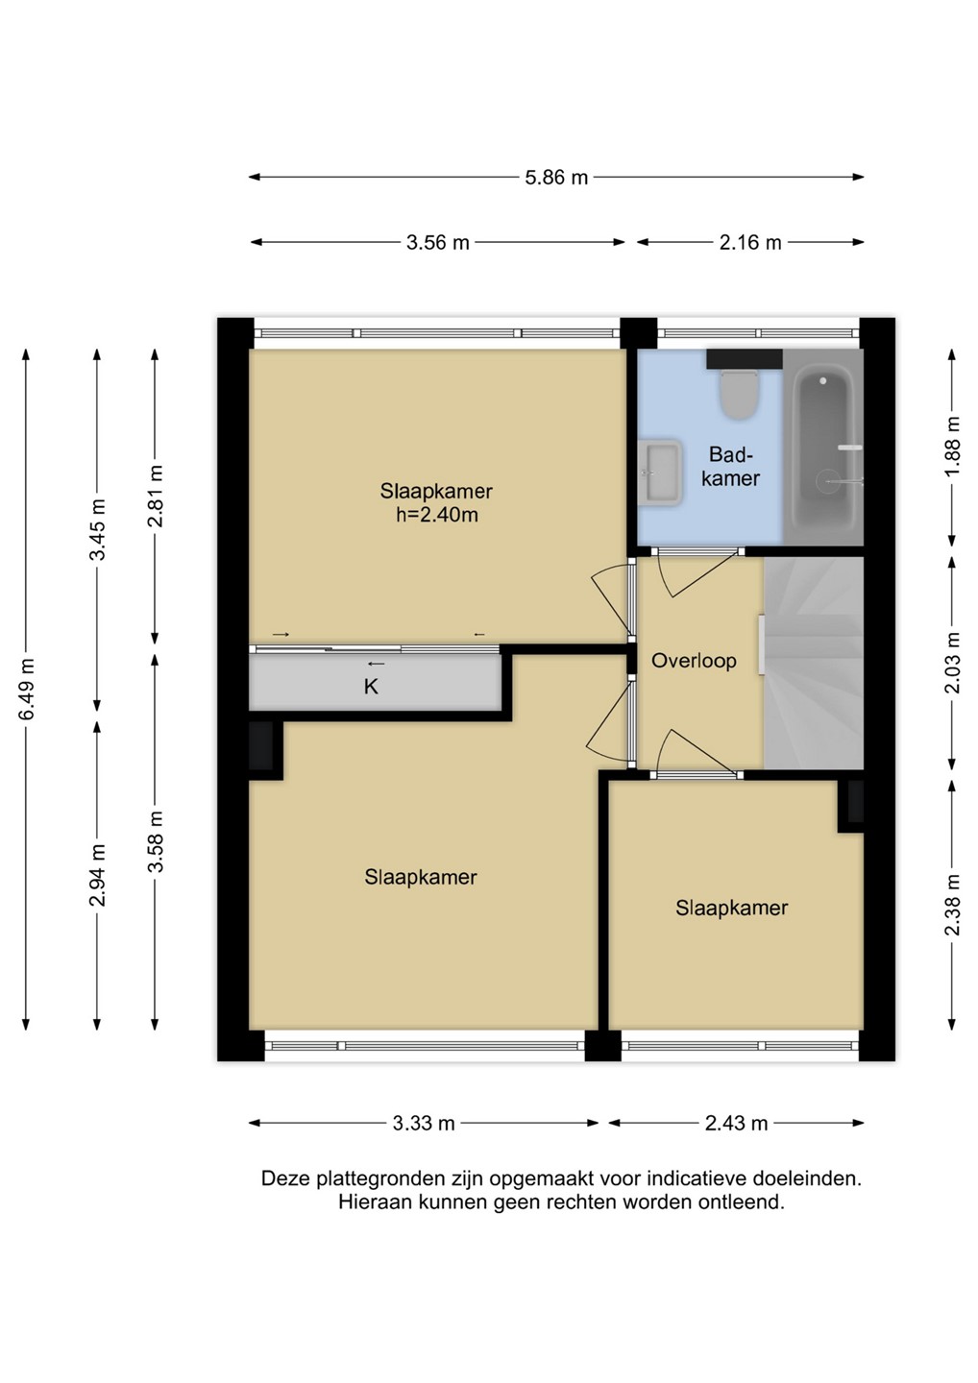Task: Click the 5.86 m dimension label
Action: coord(555,178)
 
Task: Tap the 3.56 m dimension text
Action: coord(438,243)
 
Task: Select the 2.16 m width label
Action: coord(750,243)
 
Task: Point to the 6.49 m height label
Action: coord(27,689)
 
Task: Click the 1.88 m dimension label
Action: coord(953,446)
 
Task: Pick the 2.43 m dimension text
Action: coord(736,1123)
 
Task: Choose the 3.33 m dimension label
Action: coord(424,1123)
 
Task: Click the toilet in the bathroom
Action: coord(739,394)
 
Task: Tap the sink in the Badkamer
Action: coord(660,473)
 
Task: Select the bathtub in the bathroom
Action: coord(824,448)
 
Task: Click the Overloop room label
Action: coord(694,661)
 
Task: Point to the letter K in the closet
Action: coord(371,687)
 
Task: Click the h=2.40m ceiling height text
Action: coord(437,514)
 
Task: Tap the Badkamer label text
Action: coord(731,466)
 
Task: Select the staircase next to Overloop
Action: coord(813,663)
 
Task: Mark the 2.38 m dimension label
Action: coord(953,905)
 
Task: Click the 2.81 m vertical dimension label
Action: coord(156,496)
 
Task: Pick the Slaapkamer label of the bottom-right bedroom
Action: coord(732,908)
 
